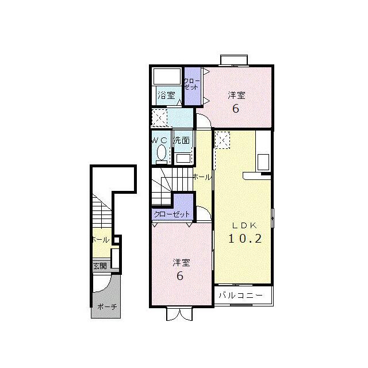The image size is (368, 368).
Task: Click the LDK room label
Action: (244, 225)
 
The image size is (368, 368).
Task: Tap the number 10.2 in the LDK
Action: (245, 239)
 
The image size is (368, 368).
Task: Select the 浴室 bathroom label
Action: (166, 95)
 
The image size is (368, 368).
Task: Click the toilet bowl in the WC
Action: (162, 152)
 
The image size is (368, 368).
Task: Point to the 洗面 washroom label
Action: (182, 140)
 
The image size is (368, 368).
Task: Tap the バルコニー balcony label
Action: (241, 295)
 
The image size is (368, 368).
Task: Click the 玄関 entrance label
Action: (100, 266)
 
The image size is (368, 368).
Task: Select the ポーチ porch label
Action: (107, 306)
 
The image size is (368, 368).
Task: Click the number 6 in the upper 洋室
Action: (236, 109)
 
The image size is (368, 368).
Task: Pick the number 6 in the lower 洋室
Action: (180, 276)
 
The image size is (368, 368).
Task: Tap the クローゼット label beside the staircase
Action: (171, 214)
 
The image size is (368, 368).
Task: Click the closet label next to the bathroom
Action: (192, 84)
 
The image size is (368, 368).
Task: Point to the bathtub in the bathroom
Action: (167, 76)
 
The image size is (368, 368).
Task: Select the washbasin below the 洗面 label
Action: (183, 158)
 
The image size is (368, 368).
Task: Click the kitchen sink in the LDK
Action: (263, 162)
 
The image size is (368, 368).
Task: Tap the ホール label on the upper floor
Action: (202, 177)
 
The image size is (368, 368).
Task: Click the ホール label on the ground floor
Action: (101, 240)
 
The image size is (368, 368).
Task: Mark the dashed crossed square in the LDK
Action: (222, 140)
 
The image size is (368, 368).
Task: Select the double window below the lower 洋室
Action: (179, 314)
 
